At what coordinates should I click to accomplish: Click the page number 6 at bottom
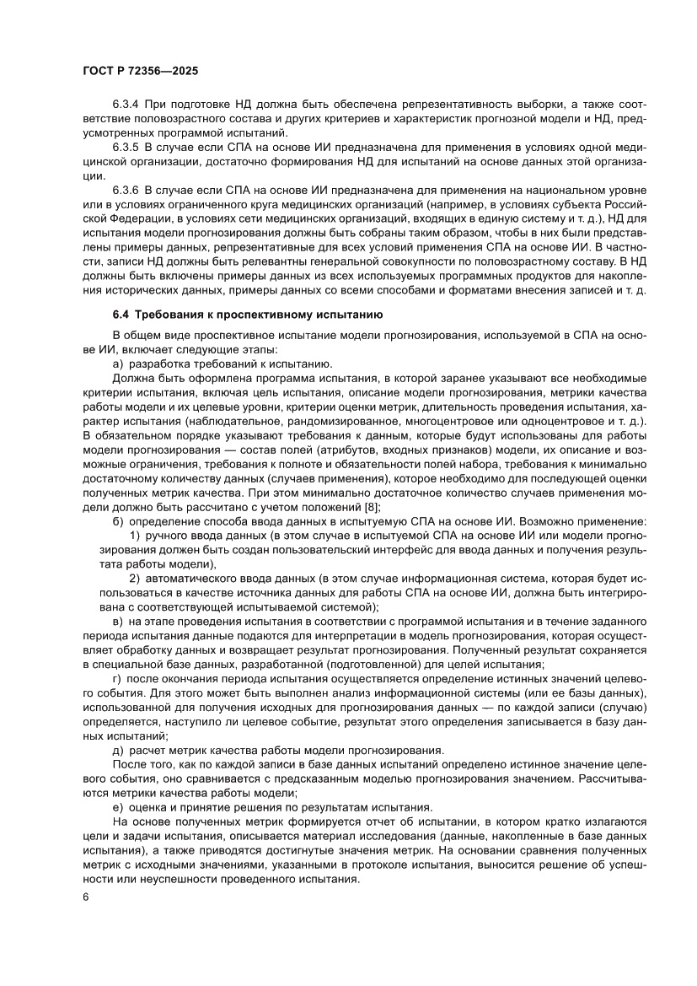[x=86, y=897]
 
